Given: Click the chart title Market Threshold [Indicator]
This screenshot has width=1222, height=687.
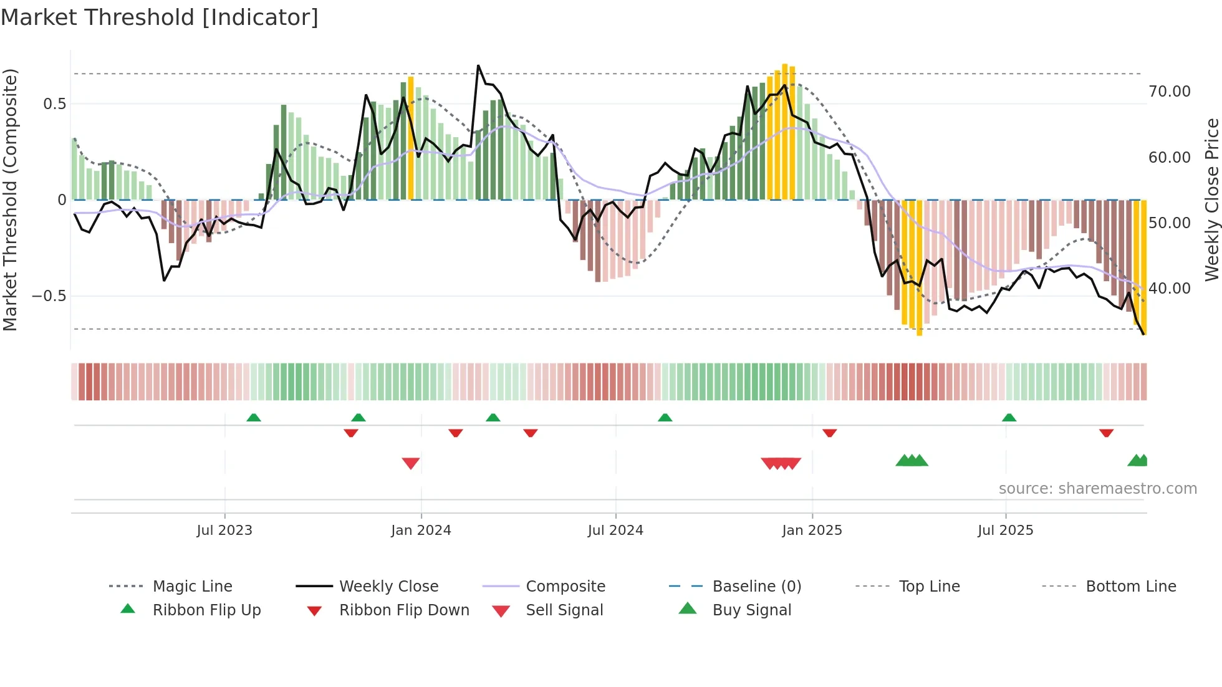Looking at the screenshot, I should (x=160, y=17).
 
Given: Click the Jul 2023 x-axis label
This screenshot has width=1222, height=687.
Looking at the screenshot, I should (x=224, y=531).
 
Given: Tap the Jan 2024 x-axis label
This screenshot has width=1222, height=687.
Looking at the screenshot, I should (x=421, y=531).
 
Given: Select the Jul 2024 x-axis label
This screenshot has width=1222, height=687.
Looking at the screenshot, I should (x=615, y=531).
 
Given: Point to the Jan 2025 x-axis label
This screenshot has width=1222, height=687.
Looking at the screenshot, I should (x=812, y=531).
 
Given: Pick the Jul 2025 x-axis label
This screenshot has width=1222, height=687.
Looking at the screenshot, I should (x=1005, y=531).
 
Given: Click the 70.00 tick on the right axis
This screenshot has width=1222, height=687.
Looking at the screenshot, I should (x=1170, y=92).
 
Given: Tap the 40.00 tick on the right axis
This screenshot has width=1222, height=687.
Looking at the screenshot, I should (x=1170, y=289).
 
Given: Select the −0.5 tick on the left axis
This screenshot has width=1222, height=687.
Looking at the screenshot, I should (x=49, y=296).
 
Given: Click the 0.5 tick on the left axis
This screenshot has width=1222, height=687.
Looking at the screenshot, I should (x=54, y=104).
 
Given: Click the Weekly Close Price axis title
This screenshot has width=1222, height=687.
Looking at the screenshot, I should (x=1211, y=199).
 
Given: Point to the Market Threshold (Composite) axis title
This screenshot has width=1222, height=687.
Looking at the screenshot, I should (x=10, y=199).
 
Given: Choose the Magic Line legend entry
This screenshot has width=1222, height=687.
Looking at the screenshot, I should (x=192, y=587).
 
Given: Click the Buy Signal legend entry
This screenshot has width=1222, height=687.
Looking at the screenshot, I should (x=751, y=610).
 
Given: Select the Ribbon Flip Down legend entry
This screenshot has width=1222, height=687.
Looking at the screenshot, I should (x=404, y=610).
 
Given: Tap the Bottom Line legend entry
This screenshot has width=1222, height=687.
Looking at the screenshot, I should (x=1130, y=587).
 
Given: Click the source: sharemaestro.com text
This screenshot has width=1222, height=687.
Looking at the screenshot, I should (x=1097, y=489).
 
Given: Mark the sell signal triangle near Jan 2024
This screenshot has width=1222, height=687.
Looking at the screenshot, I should (x=411, y=463).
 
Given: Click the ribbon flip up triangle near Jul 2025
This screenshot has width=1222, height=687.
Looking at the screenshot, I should (x=1009, y=418).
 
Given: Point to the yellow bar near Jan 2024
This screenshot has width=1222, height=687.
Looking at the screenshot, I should (x=411, y=137).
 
